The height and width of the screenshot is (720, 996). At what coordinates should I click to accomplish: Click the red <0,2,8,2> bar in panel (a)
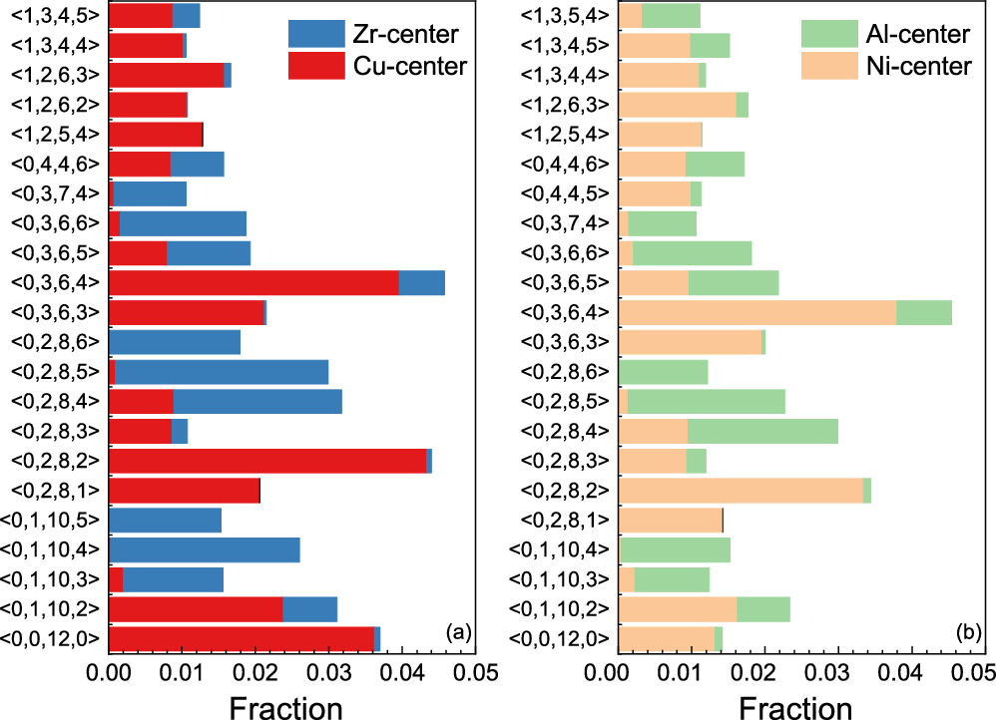click(267, 462)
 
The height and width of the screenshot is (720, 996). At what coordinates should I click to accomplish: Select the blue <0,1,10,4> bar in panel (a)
click(205, 549)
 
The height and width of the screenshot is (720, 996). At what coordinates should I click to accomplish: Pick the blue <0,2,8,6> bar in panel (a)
click(175, 342)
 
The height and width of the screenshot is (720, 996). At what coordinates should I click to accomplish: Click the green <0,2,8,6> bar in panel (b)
click(664, 372)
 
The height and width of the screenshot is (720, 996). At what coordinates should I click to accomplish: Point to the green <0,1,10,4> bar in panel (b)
click(676, 549)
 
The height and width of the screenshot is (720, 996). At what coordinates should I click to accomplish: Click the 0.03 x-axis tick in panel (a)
click(327, 672)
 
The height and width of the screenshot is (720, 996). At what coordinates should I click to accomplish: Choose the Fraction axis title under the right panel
click(796, 704)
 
